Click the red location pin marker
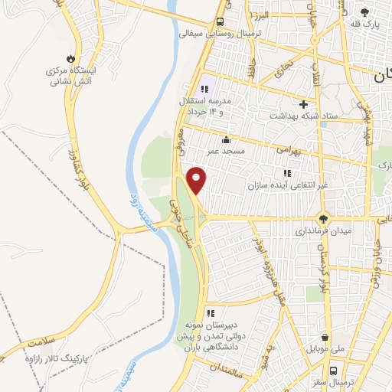(198, 179)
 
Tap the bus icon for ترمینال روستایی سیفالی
(220, 21)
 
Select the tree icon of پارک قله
(364, 12)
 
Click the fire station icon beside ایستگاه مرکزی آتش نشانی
(70, 58)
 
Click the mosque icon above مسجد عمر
(226, 139)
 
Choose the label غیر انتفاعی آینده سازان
(286, 185)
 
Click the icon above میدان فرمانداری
(325, 217)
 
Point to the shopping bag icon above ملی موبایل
(326, 337)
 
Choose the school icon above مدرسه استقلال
(204, 90)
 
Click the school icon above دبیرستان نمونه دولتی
(211, 312)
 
